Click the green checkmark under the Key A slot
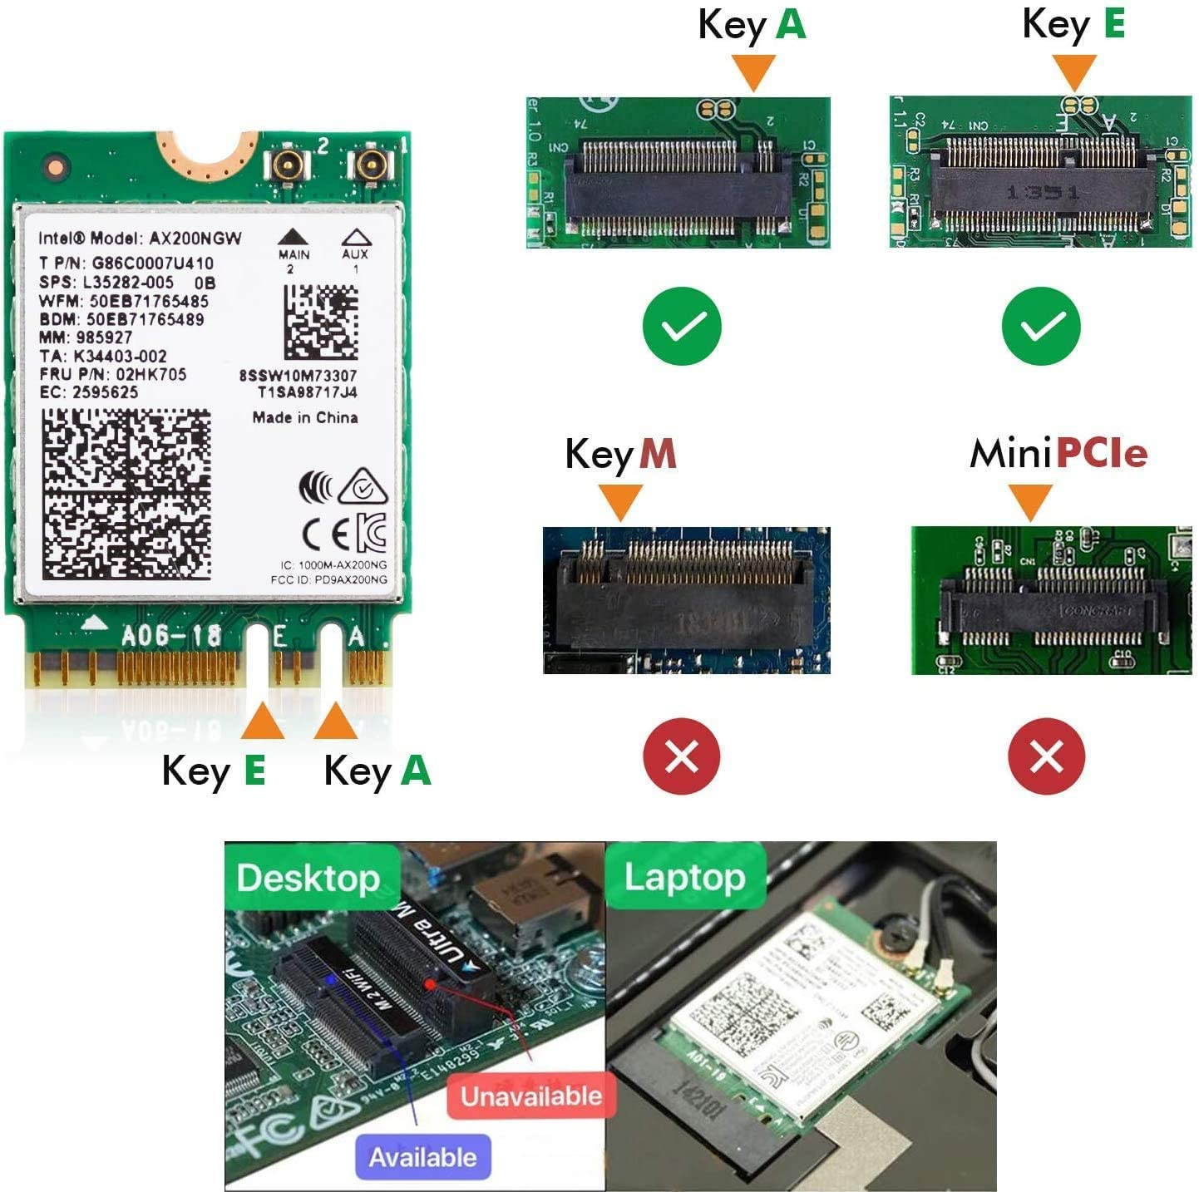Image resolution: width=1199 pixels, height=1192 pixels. (x=682, y=326)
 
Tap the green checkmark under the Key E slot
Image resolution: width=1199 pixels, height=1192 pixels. (x=1041, y=326)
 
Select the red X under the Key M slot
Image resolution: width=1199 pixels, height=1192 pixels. (x=682, y=756)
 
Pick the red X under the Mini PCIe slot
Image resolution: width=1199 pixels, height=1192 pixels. (x=1046, y=756)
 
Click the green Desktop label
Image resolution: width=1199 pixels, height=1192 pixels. (x=308, y=878)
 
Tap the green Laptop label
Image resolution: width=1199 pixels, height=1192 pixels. (x=684, y=877)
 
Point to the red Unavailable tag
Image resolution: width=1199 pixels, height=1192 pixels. (x=531, y=1096)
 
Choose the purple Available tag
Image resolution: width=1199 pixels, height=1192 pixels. (x=422, y=1157)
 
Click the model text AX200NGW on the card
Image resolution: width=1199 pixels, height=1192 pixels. (x=195, y=239)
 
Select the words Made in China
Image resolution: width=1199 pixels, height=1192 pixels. (x=305, y=417)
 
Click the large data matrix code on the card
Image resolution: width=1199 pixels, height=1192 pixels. (x=126, y=494)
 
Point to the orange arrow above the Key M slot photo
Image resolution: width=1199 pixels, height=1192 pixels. (x=620, y=502)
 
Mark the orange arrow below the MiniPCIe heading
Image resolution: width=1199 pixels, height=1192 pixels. (x=1031, y=502)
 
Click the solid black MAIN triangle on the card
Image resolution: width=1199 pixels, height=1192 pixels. (x=293, y=237)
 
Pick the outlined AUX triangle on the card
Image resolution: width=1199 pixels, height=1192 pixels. (x=356, y=237)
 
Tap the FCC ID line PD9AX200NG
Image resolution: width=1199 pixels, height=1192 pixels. (x=329, y=579)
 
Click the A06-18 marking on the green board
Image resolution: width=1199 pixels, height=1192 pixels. (x=171, y=637)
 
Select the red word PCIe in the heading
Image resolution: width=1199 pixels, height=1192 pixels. (x=1102, y=453)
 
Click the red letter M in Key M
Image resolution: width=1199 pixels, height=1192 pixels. (x=658, y=454)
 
